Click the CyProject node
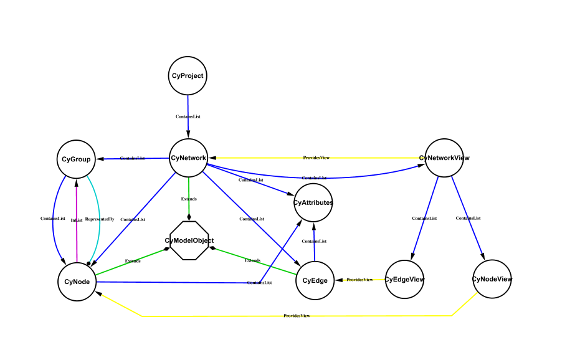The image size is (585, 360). coord(187,76)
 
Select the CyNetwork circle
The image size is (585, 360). coord(188,158)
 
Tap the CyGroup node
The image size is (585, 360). coord(76,159)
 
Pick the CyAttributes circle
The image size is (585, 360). coord(313,202)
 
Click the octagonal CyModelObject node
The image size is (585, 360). coord(189,240)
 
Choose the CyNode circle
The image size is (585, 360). coord(77,282)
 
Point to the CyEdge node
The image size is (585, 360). coord(315,281)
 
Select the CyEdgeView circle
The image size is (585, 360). coord(404,279)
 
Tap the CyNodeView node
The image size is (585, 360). coord(492,279)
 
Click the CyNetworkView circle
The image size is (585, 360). coord(444,158)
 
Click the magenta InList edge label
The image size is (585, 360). coord(77,220)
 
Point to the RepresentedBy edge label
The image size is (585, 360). coord(100,219)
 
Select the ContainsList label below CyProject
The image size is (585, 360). coord(188,116)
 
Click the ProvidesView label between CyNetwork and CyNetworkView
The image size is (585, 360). coord(316,158)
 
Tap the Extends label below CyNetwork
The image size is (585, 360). coord(189,199)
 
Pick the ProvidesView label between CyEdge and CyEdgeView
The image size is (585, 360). coord(359,280)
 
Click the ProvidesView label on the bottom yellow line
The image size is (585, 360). coord(297,316)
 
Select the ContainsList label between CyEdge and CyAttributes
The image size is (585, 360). coord(314,241)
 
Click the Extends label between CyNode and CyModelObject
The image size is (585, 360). coord(133,261)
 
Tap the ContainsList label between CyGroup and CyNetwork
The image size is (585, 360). coord(132,158)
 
